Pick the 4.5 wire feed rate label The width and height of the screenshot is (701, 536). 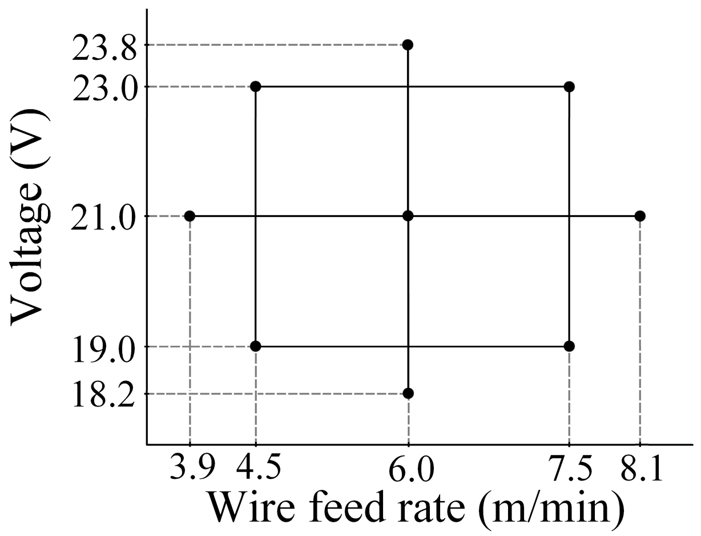pos(259,471)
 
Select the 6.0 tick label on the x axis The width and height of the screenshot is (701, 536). pos(408,471)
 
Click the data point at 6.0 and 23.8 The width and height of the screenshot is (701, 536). pos(408,45)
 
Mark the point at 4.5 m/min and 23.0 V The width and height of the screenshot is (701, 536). pos(256,86)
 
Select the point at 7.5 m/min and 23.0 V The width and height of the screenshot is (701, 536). pos(569,86)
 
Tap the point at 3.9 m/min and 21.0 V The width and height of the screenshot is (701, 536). pos(190,216)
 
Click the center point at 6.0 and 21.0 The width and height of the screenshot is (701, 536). pos(408,215)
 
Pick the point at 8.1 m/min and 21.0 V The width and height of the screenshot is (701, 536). pos(640,216)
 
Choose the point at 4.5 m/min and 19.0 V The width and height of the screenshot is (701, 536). pos(256,346)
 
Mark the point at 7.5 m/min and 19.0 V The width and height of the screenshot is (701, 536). pos(569,346)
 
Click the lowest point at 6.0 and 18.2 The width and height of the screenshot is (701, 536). pos(408,393)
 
